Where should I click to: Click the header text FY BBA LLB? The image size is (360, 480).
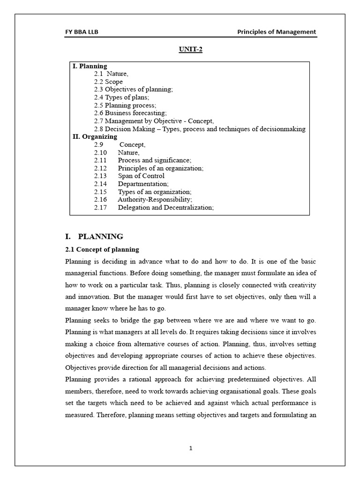point(82,32)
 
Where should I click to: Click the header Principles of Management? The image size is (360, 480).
point(277,32)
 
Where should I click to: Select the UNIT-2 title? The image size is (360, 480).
point(190,50)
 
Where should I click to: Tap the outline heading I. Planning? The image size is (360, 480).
point(90,66)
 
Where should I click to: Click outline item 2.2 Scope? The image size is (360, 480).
point(108,82)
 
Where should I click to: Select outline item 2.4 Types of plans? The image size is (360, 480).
point(121,97)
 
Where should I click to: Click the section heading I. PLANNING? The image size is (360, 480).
point(94,236)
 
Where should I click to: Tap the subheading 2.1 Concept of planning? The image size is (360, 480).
point(102,249)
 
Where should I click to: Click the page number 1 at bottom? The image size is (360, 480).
point(191,448)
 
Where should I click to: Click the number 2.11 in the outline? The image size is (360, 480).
point(100,160)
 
